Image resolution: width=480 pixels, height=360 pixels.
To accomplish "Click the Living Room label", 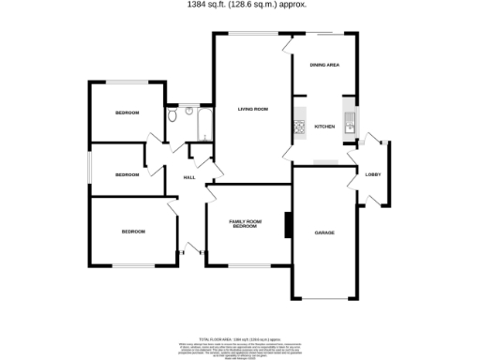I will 254,110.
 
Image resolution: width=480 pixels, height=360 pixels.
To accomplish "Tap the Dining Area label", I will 324,65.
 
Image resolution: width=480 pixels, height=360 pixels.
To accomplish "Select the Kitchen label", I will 324,127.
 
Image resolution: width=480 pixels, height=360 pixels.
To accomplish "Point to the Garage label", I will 324,232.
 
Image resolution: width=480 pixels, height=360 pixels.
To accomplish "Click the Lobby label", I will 372,174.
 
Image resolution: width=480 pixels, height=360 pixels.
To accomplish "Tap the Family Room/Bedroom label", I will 245,224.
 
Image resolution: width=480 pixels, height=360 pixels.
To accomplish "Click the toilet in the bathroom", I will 172,117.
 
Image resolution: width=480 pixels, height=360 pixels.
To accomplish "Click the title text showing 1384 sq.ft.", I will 240,5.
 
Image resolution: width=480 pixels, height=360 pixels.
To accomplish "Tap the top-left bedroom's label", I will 127,112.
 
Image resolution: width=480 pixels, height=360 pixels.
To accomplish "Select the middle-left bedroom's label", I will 127,174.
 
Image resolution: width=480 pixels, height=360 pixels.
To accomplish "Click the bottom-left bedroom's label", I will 133,232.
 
